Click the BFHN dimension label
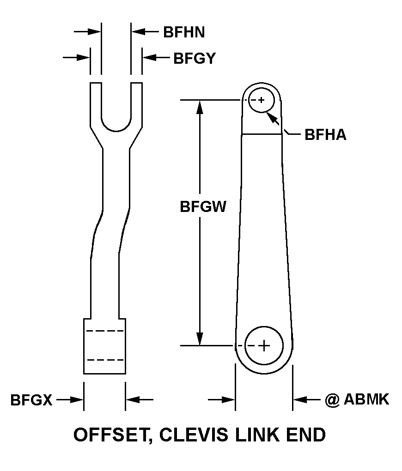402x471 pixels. [x=184, y=32]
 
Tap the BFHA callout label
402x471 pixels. [x=325, y=135]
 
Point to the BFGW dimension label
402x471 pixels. [x=203, y=206]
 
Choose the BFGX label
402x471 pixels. [x=31, y=400]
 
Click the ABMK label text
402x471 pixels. [x=366, y=399]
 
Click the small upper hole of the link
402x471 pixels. [x=261, y=100]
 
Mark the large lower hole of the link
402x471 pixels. [x=263, y=345]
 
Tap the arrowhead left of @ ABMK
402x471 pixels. [x=298, y=399]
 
